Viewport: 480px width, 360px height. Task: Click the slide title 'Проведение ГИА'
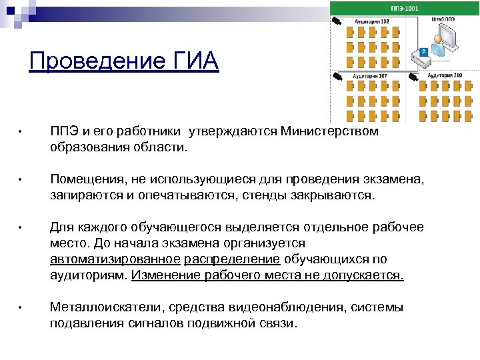click(124, 61)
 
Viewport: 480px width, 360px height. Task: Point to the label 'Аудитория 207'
click(373, 76)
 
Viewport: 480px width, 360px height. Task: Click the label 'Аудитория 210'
click(445, 76)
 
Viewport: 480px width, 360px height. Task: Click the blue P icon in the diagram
click(423, 51)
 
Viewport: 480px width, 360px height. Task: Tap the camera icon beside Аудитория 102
click(338, 21)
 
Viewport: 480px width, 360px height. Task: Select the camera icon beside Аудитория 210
click(415, 76)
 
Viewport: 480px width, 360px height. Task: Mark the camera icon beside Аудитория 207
click(339, 76)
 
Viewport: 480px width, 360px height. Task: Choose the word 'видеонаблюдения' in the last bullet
click(279, 307)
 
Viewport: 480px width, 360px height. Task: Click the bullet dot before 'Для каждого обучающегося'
click(21, 229)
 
